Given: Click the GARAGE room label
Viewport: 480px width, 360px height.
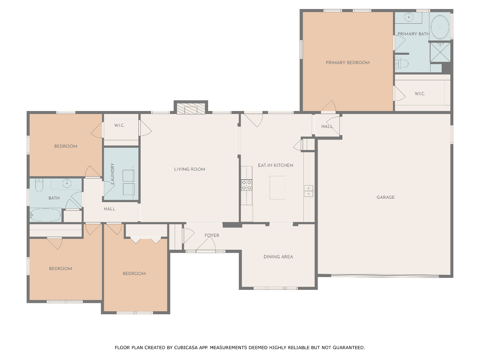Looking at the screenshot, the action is pos(385,197).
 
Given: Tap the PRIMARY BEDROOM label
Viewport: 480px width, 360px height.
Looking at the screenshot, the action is pos(348,63).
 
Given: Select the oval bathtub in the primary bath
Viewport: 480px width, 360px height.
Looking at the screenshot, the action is pos(440,27).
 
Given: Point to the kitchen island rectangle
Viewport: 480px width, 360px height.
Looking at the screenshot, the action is pos(277,187).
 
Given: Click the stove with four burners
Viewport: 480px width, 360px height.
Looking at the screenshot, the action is pos(246,185).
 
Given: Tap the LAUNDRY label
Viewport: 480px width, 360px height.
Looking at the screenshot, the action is pos(112,174).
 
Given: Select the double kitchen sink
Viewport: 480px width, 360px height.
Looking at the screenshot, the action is pos(308,191).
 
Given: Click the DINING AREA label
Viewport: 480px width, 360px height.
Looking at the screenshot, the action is pos(278,257).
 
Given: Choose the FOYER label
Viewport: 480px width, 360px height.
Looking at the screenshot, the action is pos(211,235).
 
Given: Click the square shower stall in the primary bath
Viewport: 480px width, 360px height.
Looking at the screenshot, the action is pos(440,52).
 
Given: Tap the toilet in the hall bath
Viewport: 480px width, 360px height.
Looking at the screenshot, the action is pos(39,185).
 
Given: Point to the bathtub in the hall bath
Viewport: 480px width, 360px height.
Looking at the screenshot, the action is pos(45,215).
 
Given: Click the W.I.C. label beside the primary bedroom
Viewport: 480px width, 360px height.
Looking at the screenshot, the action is pos(420,94).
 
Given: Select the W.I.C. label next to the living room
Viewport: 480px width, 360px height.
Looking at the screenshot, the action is pos(119,126).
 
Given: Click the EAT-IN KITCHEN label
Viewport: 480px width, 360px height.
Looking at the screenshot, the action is pos(276,165).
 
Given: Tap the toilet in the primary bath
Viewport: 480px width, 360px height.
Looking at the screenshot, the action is pos(402,63).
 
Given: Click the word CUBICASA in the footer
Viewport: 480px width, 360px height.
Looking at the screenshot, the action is pos(186,348).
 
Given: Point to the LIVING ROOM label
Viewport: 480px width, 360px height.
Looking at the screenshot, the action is pos(190,169).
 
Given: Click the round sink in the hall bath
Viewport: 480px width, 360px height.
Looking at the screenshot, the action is pos(67,183).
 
